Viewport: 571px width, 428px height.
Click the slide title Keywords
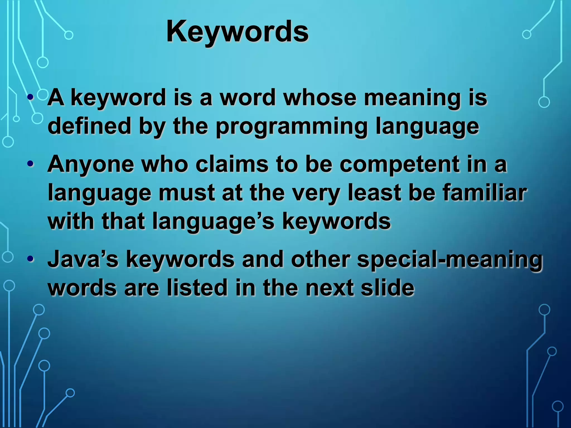point(237,31)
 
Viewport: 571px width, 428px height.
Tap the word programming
point(292,126)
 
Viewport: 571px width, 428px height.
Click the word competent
point(400,164)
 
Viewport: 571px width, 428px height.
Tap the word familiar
point(485,193)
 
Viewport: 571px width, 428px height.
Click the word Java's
point(83,259)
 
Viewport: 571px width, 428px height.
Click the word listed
point(197,288)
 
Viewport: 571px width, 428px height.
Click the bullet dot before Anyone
point(31,164)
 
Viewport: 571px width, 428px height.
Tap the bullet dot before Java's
point(31,259)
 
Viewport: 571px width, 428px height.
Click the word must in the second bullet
point(187,193)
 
